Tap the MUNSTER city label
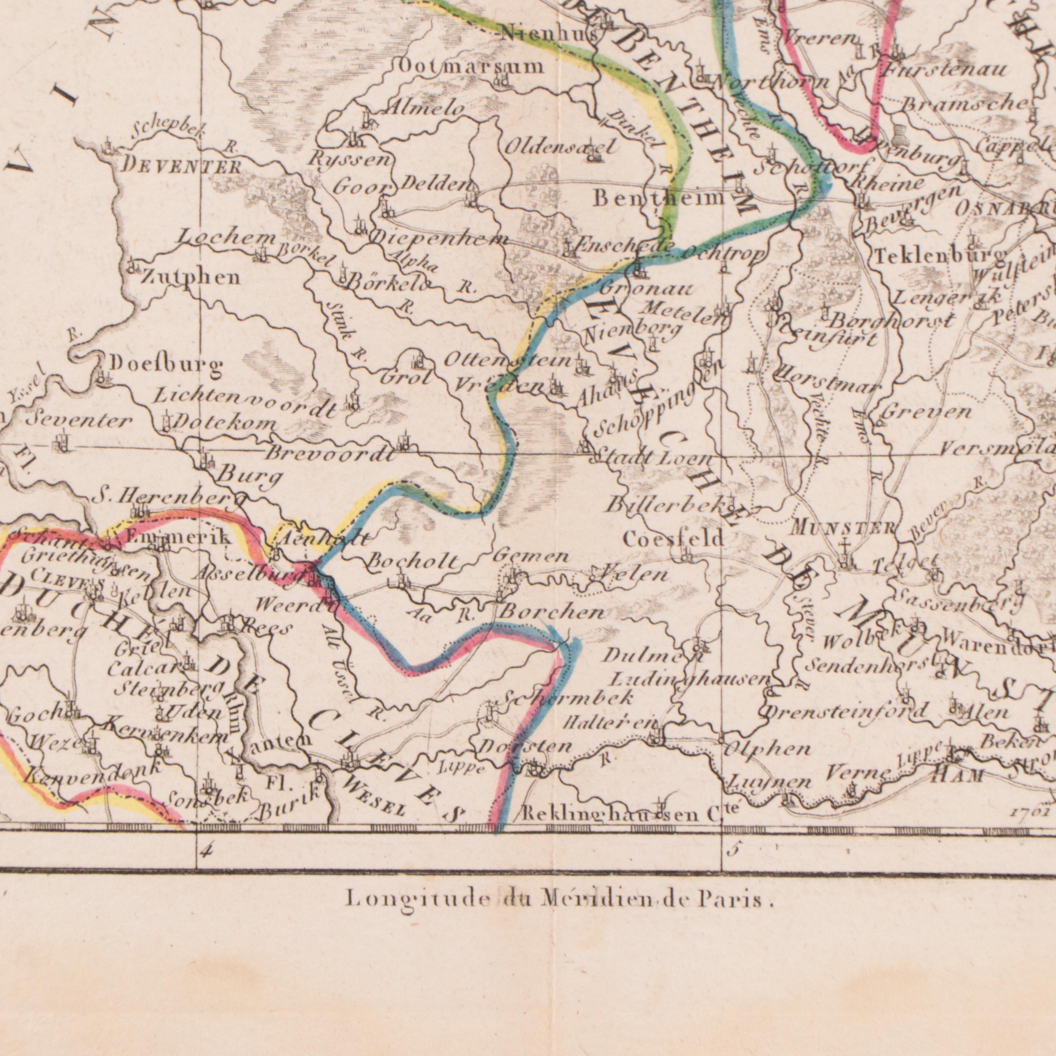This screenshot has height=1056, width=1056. click(843, 528)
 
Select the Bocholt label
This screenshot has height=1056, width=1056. click(413, 561)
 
